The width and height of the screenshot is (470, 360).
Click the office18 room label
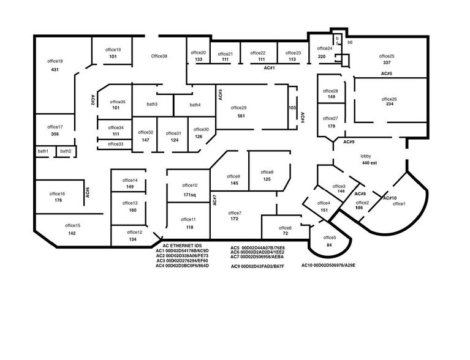pyautogui.click(x=55, y=61)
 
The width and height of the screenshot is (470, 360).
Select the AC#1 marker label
pyautogui.click(x=269, y=69)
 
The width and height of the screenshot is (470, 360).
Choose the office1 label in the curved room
pyautogui.click(x=399, y=203)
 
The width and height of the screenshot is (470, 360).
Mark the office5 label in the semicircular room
pyautogui.click(x=330, y=238)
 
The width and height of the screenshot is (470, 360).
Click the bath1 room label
pyautogui.click(x=43, y=151)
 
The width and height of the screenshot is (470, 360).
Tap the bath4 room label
pyautogui.click(x=195, y=105)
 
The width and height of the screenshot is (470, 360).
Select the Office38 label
pyautogui.click(x=159, y=56)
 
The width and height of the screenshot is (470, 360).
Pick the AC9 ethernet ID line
pyautogui.click(x=257, y=267)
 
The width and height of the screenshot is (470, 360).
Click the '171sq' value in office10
pyautogui.click(x=189, y=195)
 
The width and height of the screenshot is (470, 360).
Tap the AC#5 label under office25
pyautogui.click(x=386, y=73)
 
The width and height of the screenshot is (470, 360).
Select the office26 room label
pyautogui.click(x=389, y=99)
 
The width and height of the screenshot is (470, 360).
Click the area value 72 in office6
pyautogui.click(x=285, y=234)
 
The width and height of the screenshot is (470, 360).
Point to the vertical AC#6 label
pyautogui.click(x=88, y=193)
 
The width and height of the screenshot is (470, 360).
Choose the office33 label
pyautogui.click(x=115, y=144)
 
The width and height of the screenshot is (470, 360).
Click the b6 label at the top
pyautogui.click(x=350, y=42)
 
